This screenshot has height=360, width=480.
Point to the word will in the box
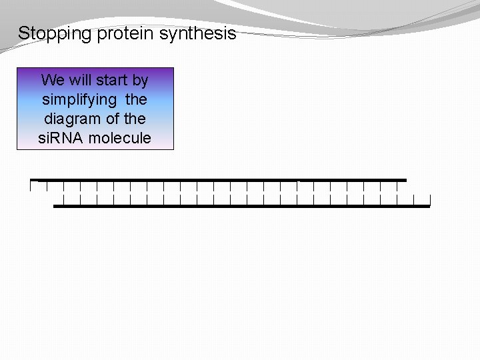coord(79,81)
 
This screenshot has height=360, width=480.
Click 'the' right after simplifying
coord(136,100)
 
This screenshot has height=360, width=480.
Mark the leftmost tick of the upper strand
coord(31,186)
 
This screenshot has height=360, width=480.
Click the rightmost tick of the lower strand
coord(430,200)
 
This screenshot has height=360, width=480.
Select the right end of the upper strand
coord(405,180)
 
